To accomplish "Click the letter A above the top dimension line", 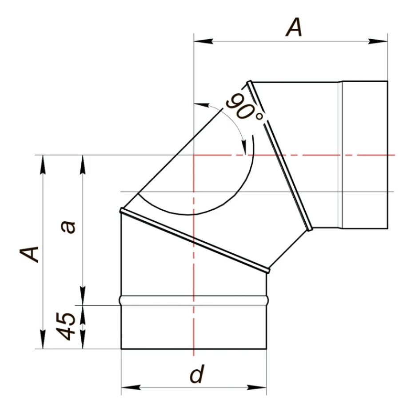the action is (294, 27).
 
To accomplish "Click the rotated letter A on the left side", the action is (29, 254).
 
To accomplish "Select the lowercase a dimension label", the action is (68, 227).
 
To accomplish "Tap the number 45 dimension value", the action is (65, 326).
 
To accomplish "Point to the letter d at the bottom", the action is (197, 373).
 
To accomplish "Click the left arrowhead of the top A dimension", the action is (204, 41).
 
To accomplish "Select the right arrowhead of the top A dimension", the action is (378, 41).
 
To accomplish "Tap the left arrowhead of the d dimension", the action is (131, 387).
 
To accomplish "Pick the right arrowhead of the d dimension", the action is (257, 387).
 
